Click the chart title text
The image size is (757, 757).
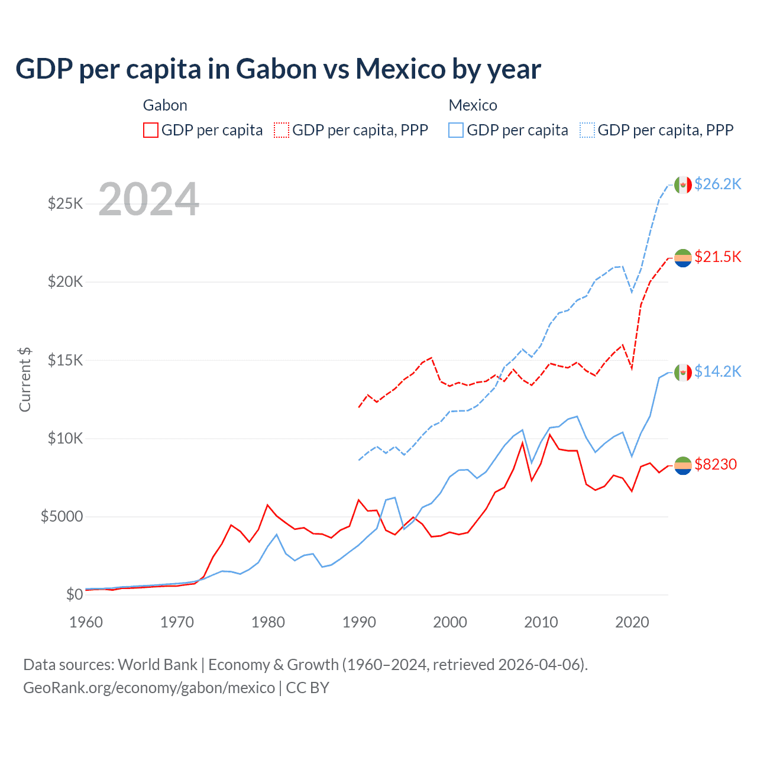(x=278, y=69)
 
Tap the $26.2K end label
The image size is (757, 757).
(x=717, y=184)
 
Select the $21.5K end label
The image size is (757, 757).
(x=717, y=257)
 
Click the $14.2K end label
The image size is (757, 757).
(x=717, y=371)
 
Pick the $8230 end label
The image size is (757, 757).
(x=716, y=464)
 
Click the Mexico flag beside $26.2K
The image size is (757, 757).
(x=683, y=185)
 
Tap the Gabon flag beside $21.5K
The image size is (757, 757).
(x=683, y=257)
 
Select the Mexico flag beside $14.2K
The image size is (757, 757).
(x=683, y=372)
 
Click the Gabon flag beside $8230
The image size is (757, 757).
(x=683, y=465)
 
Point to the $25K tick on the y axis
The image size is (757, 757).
(x=65, y=204)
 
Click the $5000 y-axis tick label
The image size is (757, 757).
(x=62, y=517)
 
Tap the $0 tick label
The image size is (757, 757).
(x=74, y=594)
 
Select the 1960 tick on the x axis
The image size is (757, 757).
(x=86, y=622)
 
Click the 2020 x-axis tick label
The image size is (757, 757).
(x=632, y=622)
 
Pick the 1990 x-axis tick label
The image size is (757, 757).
(x=359, y=622)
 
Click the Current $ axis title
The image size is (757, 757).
(x=25, y=380)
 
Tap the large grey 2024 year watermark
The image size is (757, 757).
(x=149, y=199)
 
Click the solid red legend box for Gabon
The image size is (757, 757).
(x=151, y=130)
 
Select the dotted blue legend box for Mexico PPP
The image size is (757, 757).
(x=587, y=130)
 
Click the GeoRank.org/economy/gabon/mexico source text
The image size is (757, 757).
(x=149, y=688)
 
